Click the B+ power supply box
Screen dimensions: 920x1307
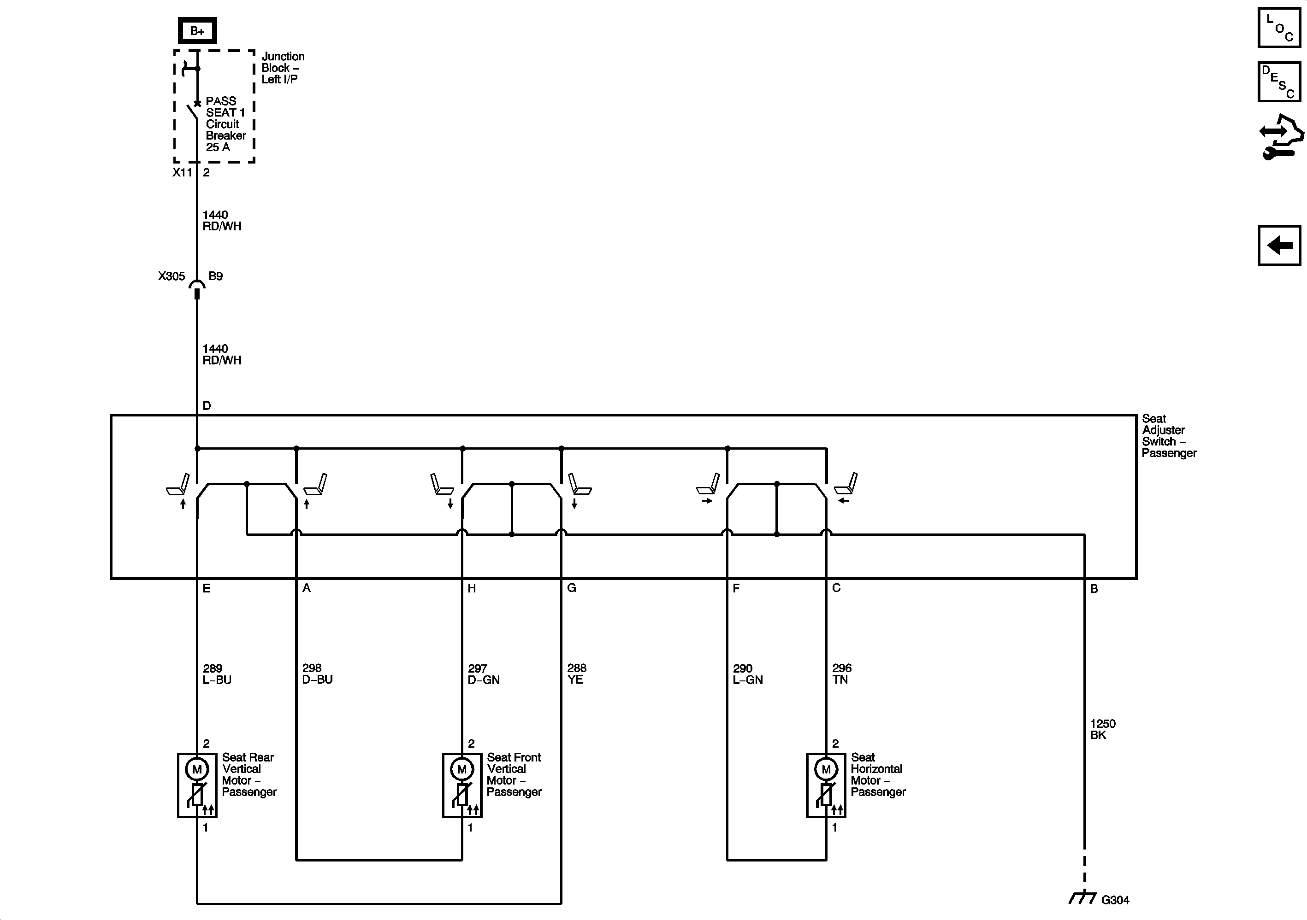click(x=197, y=31)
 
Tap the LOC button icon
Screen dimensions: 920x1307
click(x=1279, y=27)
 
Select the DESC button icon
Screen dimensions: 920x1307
click(x=1279, y=82)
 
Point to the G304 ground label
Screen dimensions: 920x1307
click(x=1115, y=900)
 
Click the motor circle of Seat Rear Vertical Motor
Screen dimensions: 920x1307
click(x=197, y=770)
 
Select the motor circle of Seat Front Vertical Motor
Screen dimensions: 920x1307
click(x=461, y=770)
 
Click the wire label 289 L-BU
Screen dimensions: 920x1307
click(x=217, y=674)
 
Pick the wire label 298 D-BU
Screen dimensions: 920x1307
click(x=317, y=674)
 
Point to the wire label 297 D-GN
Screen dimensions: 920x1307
click(x=483, y=674)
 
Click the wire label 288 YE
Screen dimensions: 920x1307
click(x=576, y=674)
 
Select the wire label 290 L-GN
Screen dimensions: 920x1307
click(x=747, y=674)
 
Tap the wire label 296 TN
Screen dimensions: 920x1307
click(x=841, y=674)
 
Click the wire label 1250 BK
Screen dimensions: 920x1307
click(x=1103, y=729)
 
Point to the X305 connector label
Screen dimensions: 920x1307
click(x=172, y=276)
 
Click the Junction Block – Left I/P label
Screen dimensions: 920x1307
click(x=282, y=68)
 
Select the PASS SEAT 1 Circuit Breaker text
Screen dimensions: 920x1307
click(x=225, y=124)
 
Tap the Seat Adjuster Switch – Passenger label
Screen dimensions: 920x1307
click(x=1168, y=436)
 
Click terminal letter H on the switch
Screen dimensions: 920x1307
click(x=471, y=588)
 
